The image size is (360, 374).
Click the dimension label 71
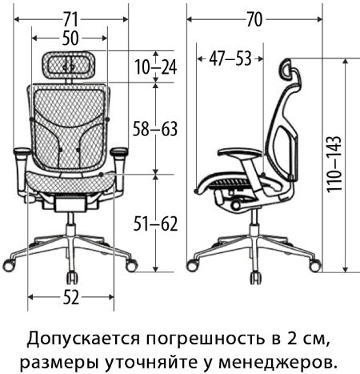pyautogui.click(x=70, y=19)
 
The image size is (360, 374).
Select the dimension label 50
pyautogui.click(x=70, y=38)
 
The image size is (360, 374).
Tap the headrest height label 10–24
pyautogui.click(x=155, y=66)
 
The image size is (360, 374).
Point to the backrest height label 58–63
pyautogui.click(x=155, y=129)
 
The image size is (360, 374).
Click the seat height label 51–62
pyautogui.click(x=155, y=223)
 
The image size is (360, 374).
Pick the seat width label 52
pyautogui.click(x=71, y=297)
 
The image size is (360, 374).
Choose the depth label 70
pyautogui.click(x=254, y=19)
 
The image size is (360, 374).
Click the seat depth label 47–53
pyautogui.click(x=230, y=58)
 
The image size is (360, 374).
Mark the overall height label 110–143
pyautogui.click(x=334, y=164)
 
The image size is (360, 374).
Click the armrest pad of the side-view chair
pyautogui.click(x=240, y=153)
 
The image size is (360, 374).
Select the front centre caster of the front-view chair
pyautogui.click(x=71, y=278)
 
